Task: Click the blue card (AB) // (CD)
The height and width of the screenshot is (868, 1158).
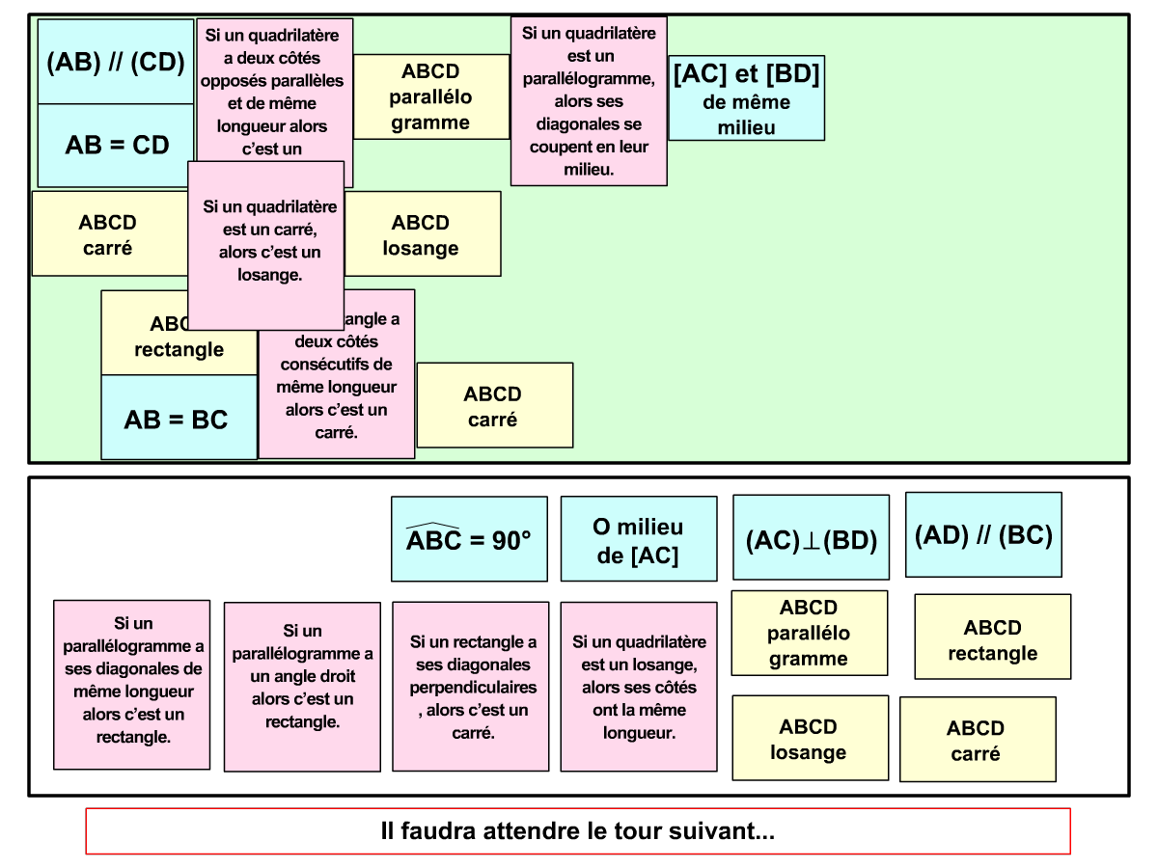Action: coord(115,63)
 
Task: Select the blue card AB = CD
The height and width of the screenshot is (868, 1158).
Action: coord(116,146)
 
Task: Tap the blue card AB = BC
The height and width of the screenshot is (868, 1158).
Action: coord(178,420)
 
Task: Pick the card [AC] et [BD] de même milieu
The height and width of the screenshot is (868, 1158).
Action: coord(746,98)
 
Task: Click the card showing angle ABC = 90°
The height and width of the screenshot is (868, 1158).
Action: coord(469,539)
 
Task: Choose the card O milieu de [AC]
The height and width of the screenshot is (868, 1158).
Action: coord(639,539)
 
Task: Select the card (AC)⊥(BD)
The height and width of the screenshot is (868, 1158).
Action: coord(811,539)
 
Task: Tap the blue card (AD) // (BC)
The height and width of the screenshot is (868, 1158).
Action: coord(983,535)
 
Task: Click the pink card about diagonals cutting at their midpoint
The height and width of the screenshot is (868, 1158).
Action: coord(589,101)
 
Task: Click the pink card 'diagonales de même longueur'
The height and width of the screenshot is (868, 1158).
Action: coord(131,685)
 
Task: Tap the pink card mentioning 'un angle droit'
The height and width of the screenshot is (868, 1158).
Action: coord(302,687)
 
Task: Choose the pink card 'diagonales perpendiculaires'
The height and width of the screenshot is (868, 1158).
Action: coord(470,687)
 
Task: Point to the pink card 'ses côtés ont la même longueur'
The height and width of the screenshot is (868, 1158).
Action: coord(639,687)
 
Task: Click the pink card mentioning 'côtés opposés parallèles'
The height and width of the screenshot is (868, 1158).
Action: coord(274,87)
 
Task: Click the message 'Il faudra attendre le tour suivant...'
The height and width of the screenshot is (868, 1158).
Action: coord(578,831)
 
